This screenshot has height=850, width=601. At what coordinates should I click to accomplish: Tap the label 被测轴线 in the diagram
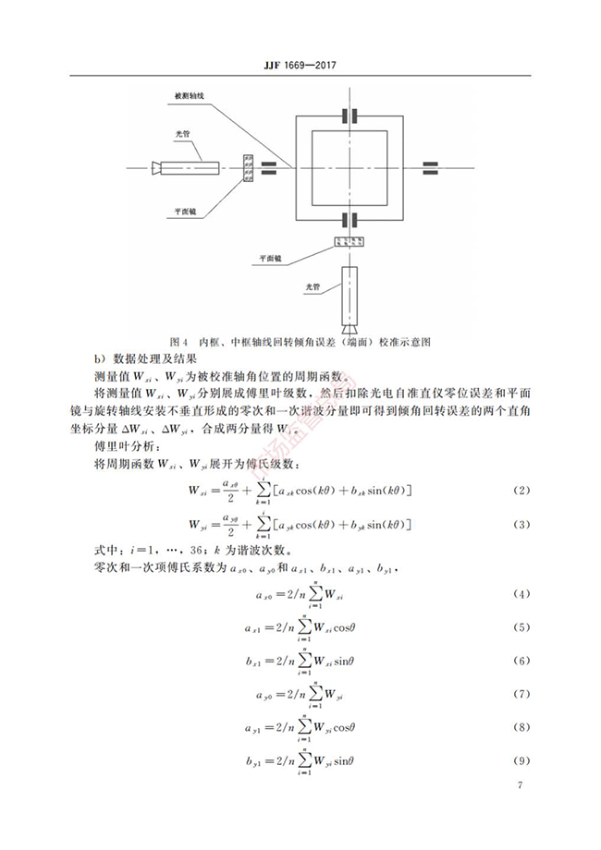tap(188, 96)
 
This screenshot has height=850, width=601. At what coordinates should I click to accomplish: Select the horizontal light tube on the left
tap(189, 168)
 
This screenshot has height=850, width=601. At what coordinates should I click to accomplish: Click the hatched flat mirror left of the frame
tap(247, 168)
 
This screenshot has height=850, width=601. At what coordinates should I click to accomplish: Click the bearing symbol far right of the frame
tap(432, 168)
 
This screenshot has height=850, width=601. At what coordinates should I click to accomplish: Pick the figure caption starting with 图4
tap(301, 340)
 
